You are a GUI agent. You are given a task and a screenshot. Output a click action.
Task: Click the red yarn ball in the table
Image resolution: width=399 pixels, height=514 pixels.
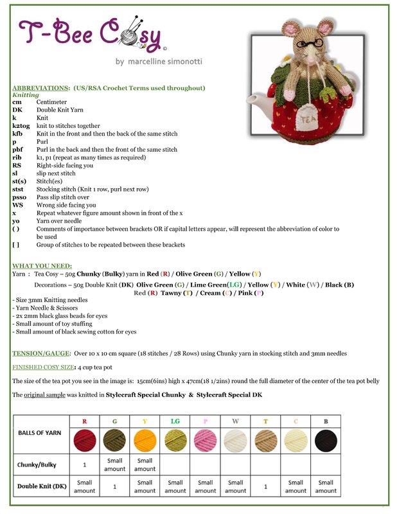point(84,441)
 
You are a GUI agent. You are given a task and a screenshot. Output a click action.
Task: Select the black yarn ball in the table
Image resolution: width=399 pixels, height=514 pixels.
point(326,441)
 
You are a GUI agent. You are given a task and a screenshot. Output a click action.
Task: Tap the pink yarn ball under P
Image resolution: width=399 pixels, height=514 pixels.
point(205,441)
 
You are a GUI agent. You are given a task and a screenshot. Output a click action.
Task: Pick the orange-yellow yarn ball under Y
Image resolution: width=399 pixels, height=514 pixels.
point(145,441)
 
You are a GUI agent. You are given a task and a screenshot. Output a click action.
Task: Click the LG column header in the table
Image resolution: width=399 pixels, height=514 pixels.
point(175,421)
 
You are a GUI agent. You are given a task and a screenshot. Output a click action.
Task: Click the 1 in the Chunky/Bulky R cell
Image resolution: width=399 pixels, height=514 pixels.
point(84,464)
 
